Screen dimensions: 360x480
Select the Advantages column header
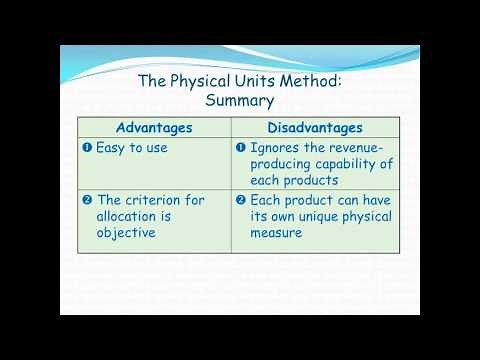154,127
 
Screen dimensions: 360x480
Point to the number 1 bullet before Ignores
241,148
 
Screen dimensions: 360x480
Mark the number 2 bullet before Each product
241,200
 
